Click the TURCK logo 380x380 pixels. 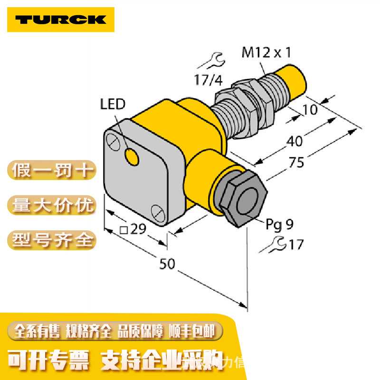[60, 19]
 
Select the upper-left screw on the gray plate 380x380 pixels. [113, 142]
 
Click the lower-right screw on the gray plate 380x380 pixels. [157, 211]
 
